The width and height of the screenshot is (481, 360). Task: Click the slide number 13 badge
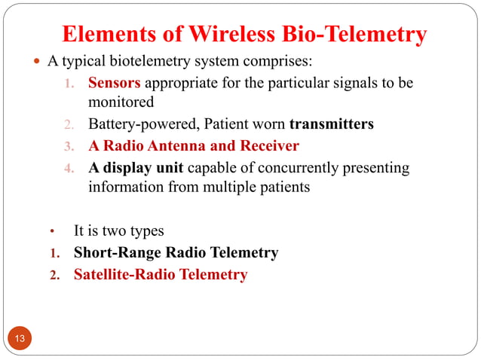pyautogui.click(x=20, y=338)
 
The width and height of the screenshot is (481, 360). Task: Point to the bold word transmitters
pyautogui.click(x=331, y=124)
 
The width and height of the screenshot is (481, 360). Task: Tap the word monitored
pyautogui.click(x=121, y=102)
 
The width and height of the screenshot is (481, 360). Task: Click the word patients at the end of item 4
pyautogui.click(x=285, y=187)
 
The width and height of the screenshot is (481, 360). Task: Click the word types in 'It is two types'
pyautogui.click(x=146, y=231)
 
